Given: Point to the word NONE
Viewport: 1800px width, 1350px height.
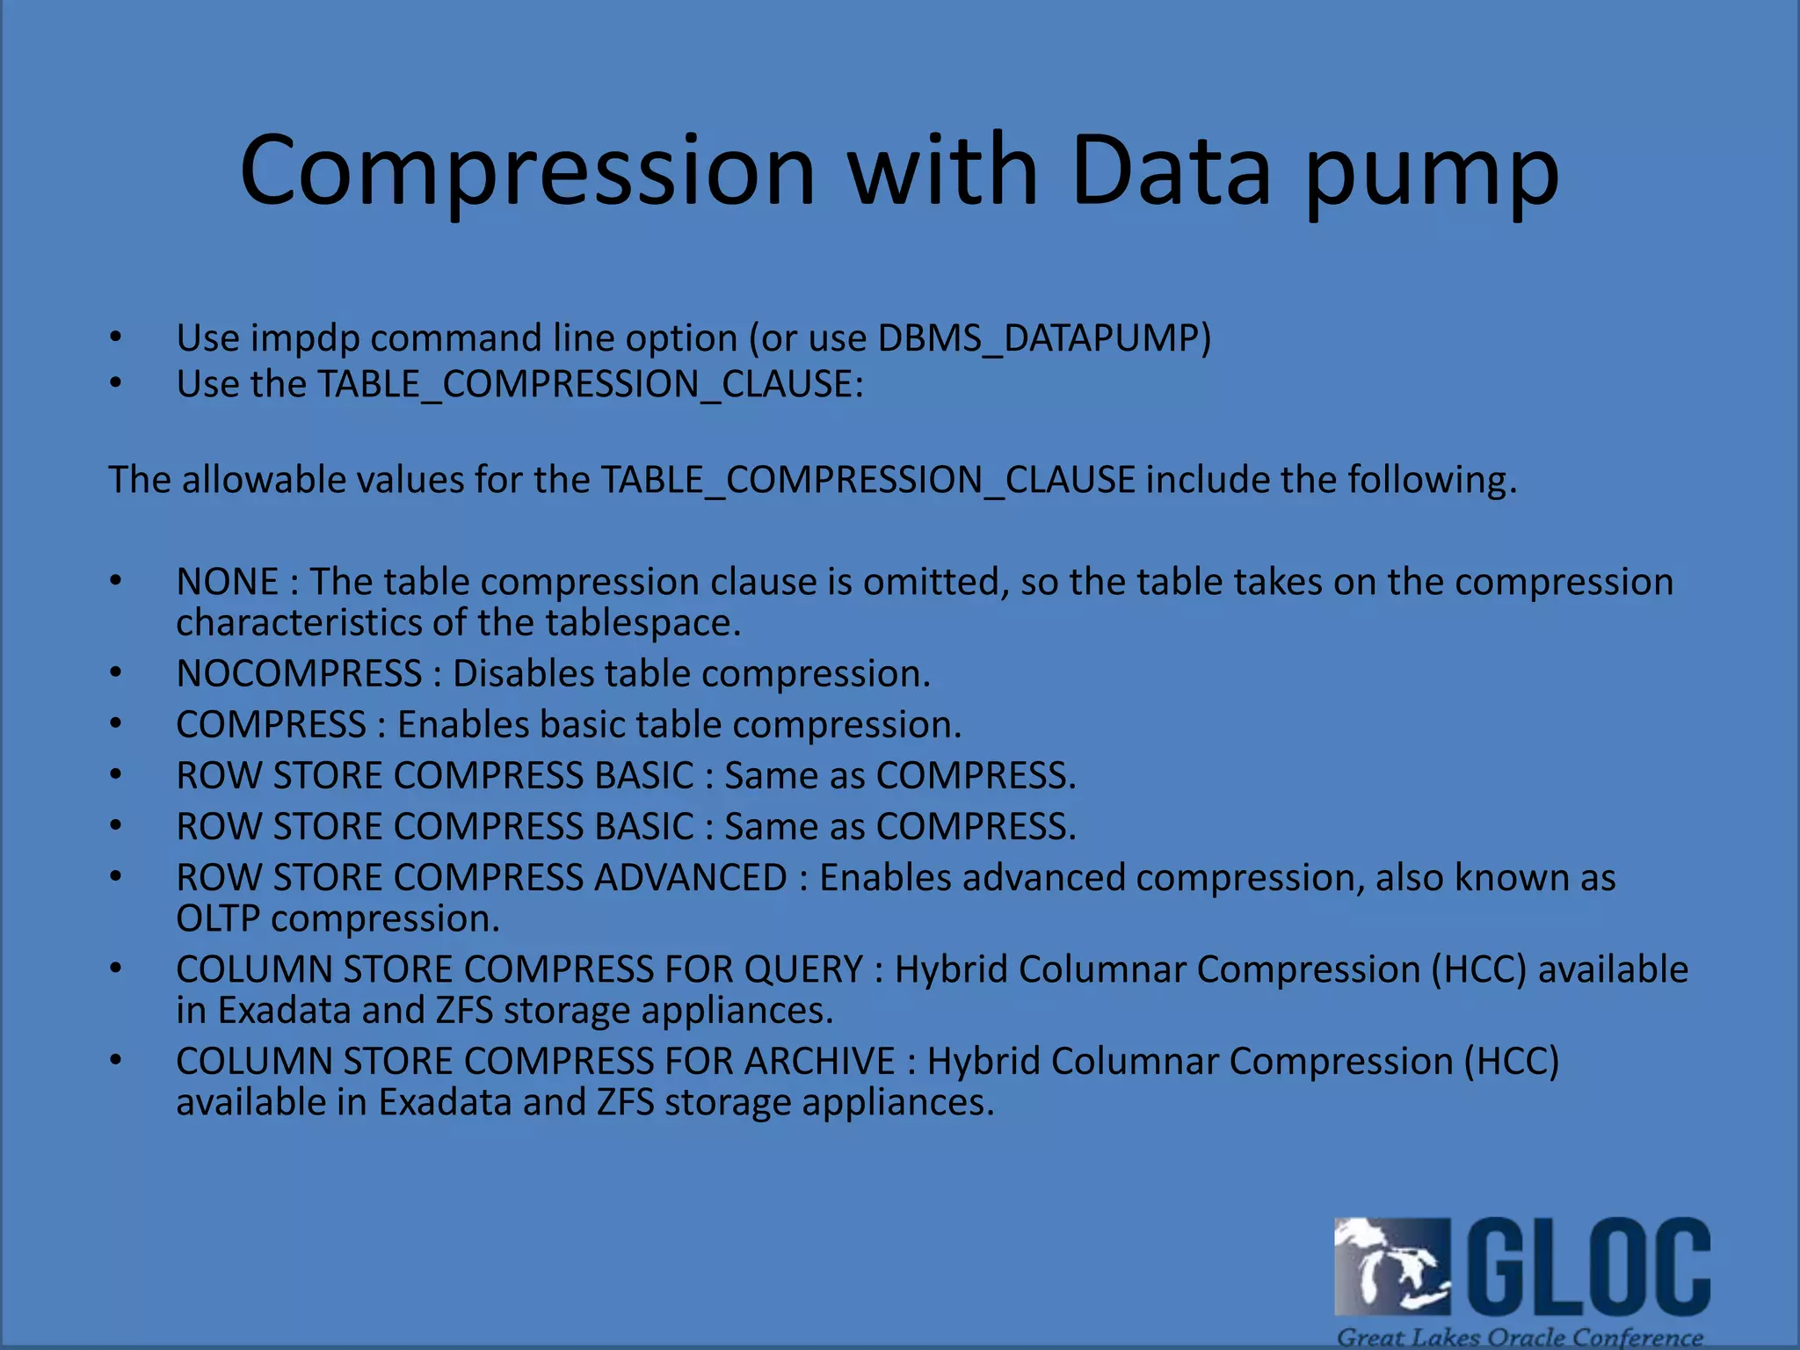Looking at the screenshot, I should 227,582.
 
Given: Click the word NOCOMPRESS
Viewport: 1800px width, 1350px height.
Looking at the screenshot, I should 299,674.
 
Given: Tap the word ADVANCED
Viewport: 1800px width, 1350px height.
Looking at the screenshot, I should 690,878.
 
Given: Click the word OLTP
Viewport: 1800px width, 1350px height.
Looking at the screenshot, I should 217,919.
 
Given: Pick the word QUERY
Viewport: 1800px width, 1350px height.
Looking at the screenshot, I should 803,969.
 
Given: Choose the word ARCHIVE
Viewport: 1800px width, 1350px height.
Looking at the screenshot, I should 819,1062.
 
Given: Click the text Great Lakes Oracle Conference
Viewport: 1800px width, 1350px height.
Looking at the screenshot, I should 1520,1337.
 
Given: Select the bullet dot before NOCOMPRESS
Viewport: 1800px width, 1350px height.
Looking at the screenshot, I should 116,673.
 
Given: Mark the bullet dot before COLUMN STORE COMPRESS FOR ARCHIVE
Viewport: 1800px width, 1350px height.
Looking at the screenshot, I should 116,1061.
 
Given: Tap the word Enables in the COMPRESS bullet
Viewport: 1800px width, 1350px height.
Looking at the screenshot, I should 462,725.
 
